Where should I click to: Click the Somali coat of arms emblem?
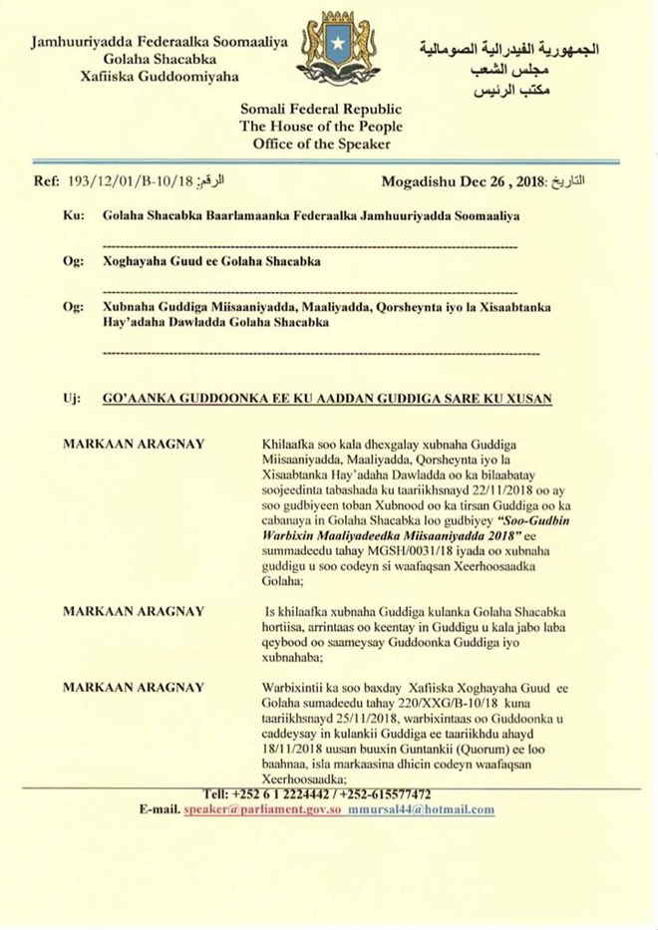(x=338, y=51)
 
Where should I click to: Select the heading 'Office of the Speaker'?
(x=321, y=144)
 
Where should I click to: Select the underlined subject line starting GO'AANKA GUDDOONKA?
(x=327, y=398)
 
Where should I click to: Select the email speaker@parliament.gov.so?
(x=262, y=809)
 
